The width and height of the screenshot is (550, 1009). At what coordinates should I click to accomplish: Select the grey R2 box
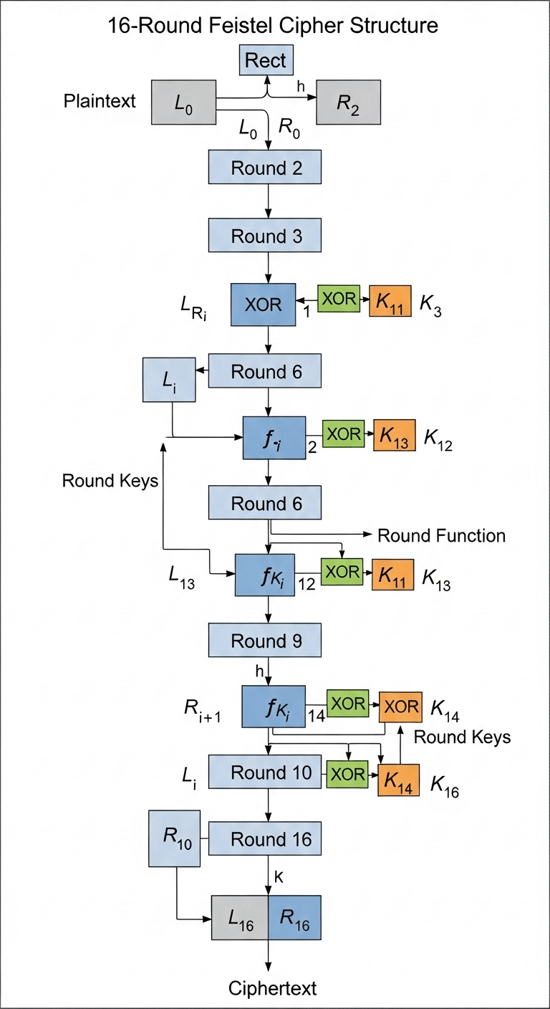coord(349,102)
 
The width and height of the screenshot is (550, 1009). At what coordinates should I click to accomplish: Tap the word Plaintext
coord(99,100)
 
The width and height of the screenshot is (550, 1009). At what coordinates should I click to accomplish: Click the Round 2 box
coord(265,168)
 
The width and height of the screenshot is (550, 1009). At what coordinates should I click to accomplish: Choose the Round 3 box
coord(265,236)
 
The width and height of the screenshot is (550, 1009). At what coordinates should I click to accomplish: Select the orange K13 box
coord(394,436)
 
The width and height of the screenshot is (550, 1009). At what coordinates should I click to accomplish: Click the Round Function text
coord(441,535)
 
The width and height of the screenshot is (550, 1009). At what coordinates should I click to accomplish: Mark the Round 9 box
coord(265,640)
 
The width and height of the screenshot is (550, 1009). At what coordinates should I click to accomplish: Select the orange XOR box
coord(401,707)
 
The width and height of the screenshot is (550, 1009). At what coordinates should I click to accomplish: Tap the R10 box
coord(174,838)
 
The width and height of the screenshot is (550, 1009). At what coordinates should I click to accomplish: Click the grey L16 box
coord(239,918)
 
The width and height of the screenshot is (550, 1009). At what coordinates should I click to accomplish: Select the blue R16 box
coord(294,918)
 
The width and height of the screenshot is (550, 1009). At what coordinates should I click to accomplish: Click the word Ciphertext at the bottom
coord(272,988)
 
